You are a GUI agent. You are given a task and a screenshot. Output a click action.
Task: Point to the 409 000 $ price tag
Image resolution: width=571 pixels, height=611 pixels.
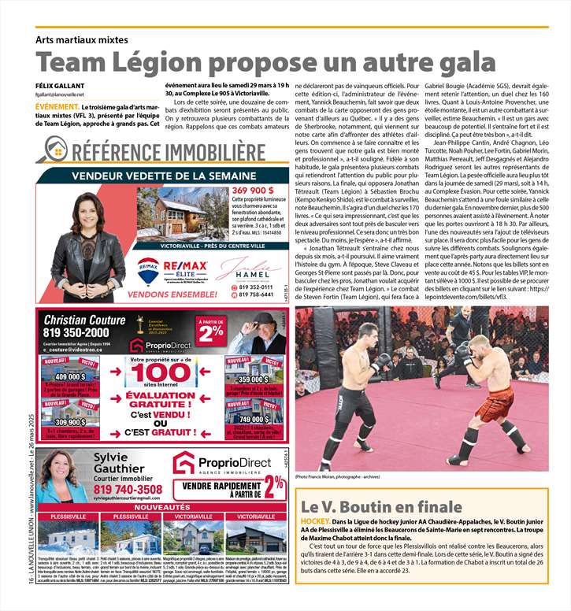pyautogui.click(x=65, y=377)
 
